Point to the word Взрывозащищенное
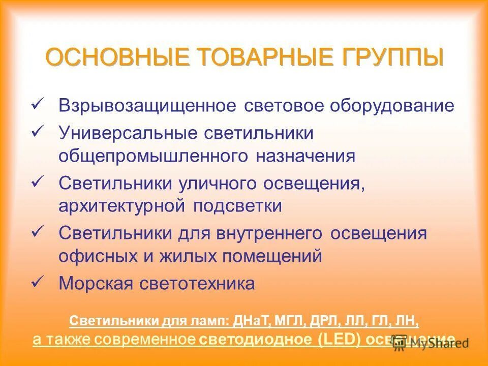tap(147, 106)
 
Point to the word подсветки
tap(237, 206)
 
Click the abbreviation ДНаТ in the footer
tap(252, 321)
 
